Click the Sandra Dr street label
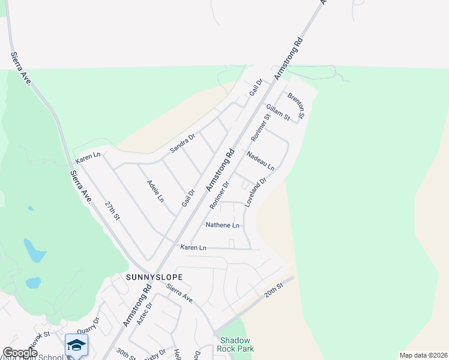[x=182, y=143]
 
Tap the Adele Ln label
[x=155, y=190]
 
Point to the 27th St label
[x=112, y=211]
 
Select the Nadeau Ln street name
[x=261, y=160]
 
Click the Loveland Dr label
[x=255, y=189]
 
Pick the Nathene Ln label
[x=223, y=226]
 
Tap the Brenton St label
[x=297, y=105]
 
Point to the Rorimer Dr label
[x=220, y=196]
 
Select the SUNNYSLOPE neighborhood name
[x=154, y=277]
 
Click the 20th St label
[x=273, y=292]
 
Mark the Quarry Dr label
[x=87, y=328]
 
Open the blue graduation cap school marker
[x=77, y=345]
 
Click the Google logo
[x=20, y=353]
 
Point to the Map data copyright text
[x=423, y=355]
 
